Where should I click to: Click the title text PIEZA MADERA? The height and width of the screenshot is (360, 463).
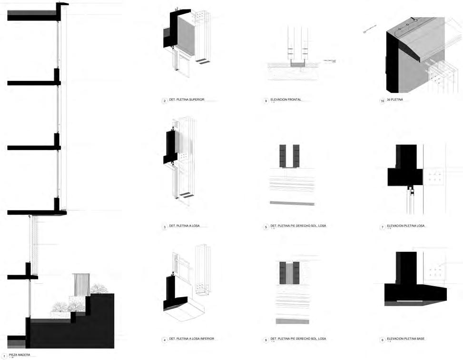point(20,355)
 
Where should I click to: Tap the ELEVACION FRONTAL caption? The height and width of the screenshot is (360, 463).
point(286,100)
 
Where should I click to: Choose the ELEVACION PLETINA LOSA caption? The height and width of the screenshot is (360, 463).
point(406,226)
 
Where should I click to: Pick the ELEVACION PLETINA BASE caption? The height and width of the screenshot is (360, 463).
point(405,339)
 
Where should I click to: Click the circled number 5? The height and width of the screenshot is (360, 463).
point(266,227)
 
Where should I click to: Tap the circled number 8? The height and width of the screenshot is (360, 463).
point(266,340)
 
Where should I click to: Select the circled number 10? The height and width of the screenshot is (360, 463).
point(382,101)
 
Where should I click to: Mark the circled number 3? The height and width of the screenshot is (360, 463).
point(164,227)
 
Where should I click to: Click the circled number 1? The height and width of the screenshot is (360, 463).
point(4,356)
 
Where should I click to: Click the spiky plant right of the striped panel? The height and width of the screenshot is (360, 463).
point(99,289)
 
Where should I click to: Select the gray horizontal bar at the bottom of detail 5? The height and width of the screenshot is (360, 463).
point(292,203)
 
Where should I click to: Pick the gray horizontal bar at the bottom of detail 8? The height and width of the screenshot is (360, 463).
point(292,321)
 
